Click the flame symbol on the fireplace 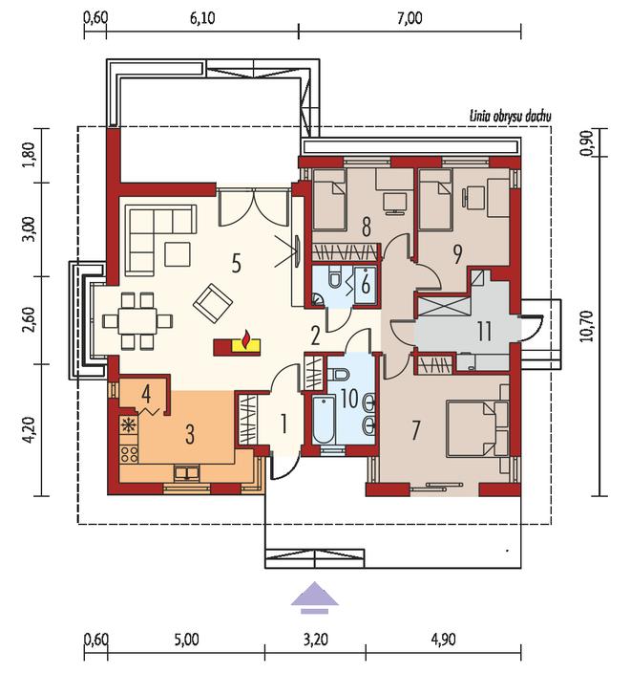[246, 338]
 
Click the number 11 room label [484, 332]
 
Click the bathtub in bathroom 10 [324, 421]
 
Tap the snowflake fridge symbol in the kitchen [127, 424]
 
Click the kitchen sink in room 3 [186, 472]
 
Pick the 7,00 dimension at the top [409, 19]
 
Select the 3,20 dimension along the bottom [315, 640]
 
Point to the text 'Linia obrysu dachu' [510, 116]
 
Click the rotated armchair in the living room [213, 303]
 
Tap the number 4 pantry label [146, 394]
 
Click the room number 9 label [457, 254]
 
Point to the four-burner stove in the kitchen [129, 454]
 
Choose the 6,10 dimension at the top [201, 19]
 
